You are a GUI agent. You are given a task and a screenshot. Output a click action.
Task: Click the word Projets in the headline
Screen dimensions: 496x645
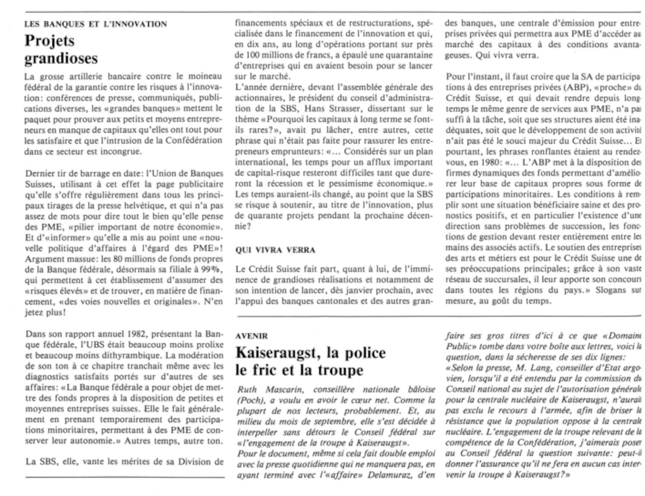click(50, 41)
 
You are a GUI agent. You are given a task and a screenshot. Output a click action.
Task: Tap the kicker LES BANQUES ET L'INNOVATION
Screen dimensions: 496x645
click(96, 24)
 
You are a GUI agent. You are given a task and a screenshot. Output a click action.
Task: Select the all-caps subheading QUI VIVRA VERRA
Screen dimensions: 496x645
click(275, 250)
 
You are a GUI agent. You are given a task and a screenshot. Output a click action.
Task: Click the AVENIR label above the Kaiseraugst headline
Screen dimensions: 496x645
click(252, 336)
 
